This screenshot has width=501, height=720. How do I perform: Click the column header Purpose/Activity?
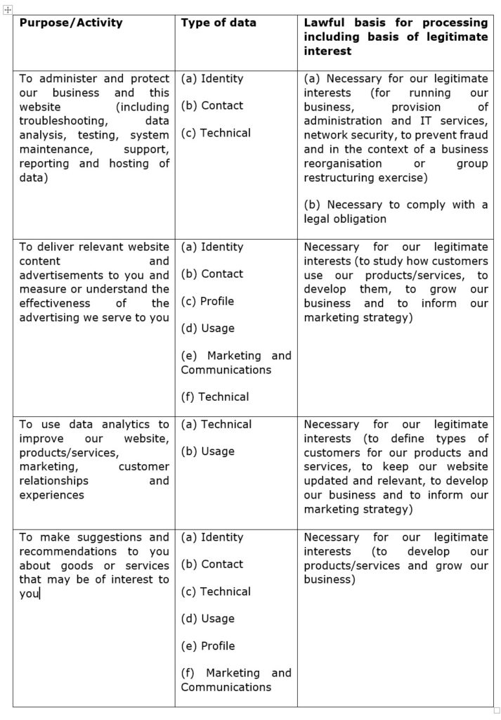(x=71, y=22)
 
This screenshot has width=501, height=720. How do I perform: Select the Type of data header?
(x=219, y=22)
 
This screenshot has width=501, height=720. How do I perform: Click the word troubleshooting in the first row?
(x=62, y=121)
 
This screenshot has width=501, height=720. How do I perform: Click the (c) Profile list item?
(x=207, y=301)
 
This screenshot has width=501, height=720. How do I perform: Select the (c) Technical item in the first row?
(x=216, y=132)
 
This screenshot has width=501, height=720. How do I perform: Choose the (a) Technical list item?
(x=216, y=424)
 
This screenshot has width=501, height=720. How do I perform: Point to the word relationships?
(x=54, y=481)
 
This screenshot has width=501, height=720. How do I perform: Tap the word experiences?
(x=51, y=495)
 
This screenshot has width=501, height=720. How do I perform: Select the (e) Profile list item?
(x=207, y=645)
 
